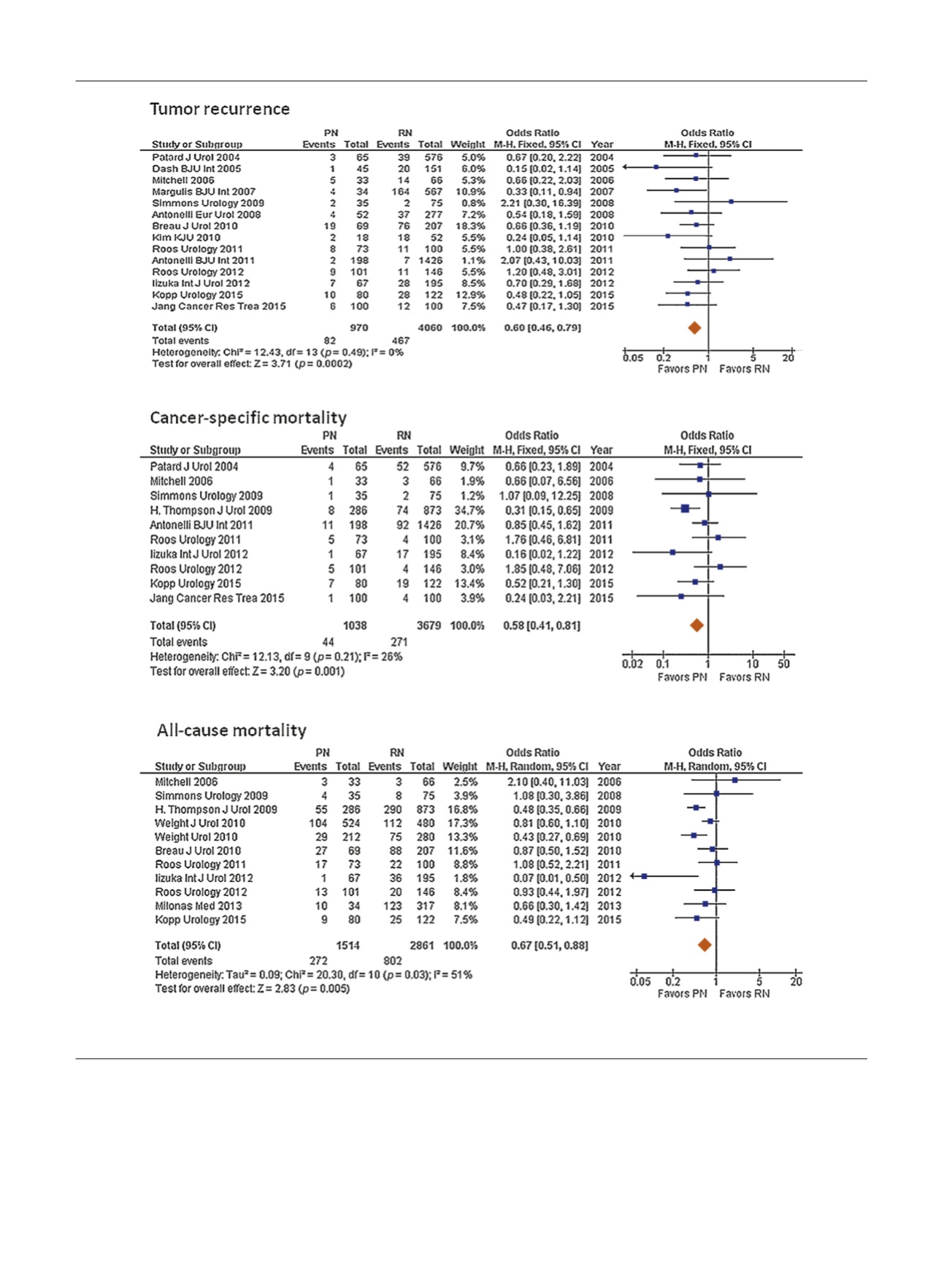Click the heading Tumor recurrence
220,109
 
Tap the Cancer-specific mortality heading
248,418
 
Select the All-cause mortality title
231,731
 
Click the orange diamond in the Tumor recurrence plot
694,328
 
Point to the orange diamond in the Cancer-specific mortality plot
696,625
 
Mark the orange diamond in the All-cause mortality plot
704,945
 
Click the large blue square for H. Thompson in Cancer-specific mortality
685,508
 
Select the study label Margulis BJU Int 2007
204,192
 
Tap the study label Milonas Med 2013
198,906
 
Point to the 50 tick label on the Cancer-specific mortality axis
784,664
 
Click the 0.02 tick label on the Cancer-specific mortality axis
633,664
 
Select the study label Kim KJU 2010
186,238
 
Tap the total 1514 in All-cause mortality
347,945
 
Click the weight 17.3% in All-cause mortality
463,824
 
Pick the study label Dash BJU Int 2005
196,169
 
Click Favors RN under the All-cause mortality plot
744,994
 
